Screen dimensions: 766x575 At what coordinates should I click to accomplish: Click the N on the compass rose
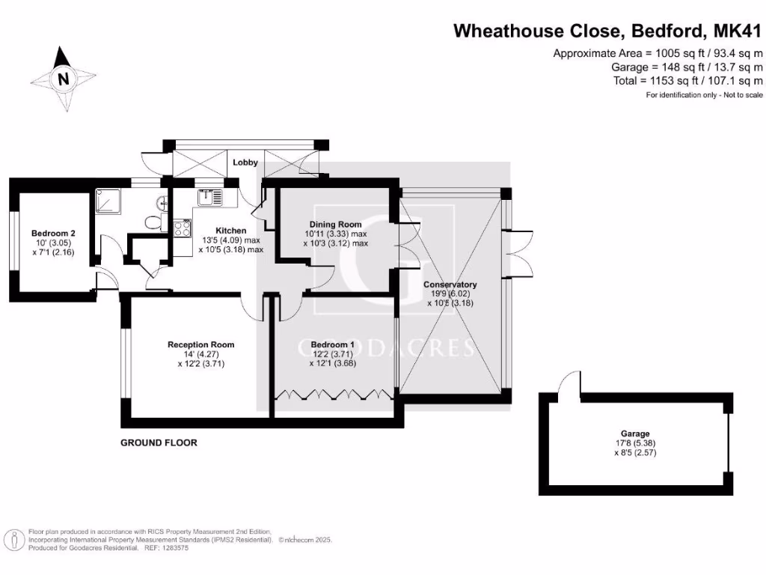click(63, 79)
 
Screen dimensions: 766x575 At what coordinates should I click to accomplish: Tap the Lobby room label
click(245, 162)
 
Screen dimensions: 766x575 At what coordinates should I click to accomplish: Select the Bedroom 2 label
click(53, 234)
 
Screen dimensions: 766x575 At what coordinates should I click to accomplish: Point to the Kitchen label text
click(231, 231)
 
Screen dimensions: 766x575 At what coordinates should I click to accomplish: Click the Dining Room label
click(335, 224)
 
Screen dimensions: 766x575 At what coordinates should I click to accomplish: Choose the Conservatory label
click(450, 284)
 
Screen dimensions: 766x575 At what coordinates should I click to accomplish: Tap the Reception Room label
click(200, 344)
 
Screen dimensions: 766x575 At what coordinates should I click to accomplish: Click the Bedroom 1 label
click(333, 344)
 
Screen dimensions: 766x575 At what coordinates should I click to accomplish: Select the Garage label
click(635, 433)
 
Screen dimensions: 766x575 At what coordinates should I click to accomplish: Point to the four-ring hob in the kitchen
click(183, 228)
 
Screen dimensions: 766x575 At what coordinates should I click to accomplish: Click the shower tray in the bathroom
click(108, 201)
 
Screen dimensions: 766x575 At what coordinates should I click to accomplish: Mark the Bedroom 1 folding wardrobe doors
click(334, 395)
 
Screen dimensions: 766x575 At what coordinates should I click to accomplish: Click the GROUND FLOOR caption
click(159, 442)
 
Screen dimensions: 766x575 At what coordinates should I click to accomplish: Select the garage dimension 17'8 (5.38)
click(635, 443)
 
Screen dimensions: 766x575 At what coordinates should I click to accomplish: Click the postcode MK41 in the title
click(738, 31)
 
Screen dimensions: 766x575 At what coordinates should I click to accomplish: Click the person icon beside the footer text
click(16, 541)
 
